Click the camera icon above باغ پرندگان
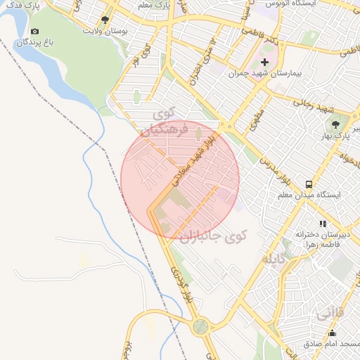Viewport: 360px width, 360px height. (35, 31)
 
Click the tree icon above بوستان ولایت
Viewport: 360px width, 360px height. (105, 20)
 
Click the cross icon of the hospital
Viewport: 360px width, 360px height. (264, 63)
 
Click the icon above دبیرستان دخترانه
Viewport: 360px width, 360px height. (323, 224)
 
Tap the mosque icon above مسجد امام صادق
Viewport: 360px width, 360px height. (332, 333)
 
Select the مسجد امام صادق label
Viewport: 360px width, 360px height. (330, 345)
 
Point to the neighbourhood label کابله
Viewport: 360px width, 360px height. (275, 259)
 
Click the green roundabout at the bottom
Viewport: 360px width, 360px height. (202, 326)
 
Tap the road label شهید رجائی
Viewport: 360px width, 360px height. (314, 105)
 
